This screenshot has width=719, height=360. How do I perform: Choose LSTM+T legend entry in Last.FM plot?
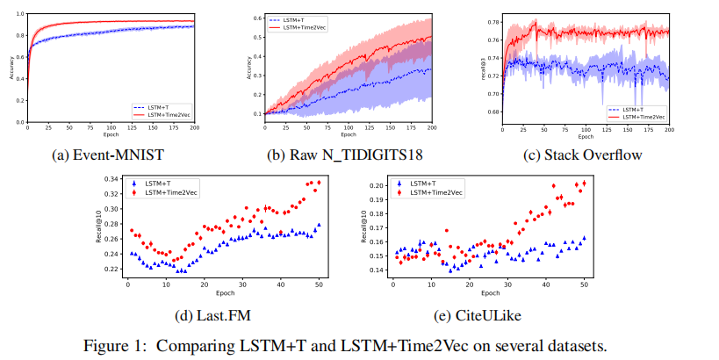tap(162, 183)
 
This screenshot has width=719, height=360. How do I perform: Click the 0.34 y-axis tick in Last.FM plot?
tap(111, 179)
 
